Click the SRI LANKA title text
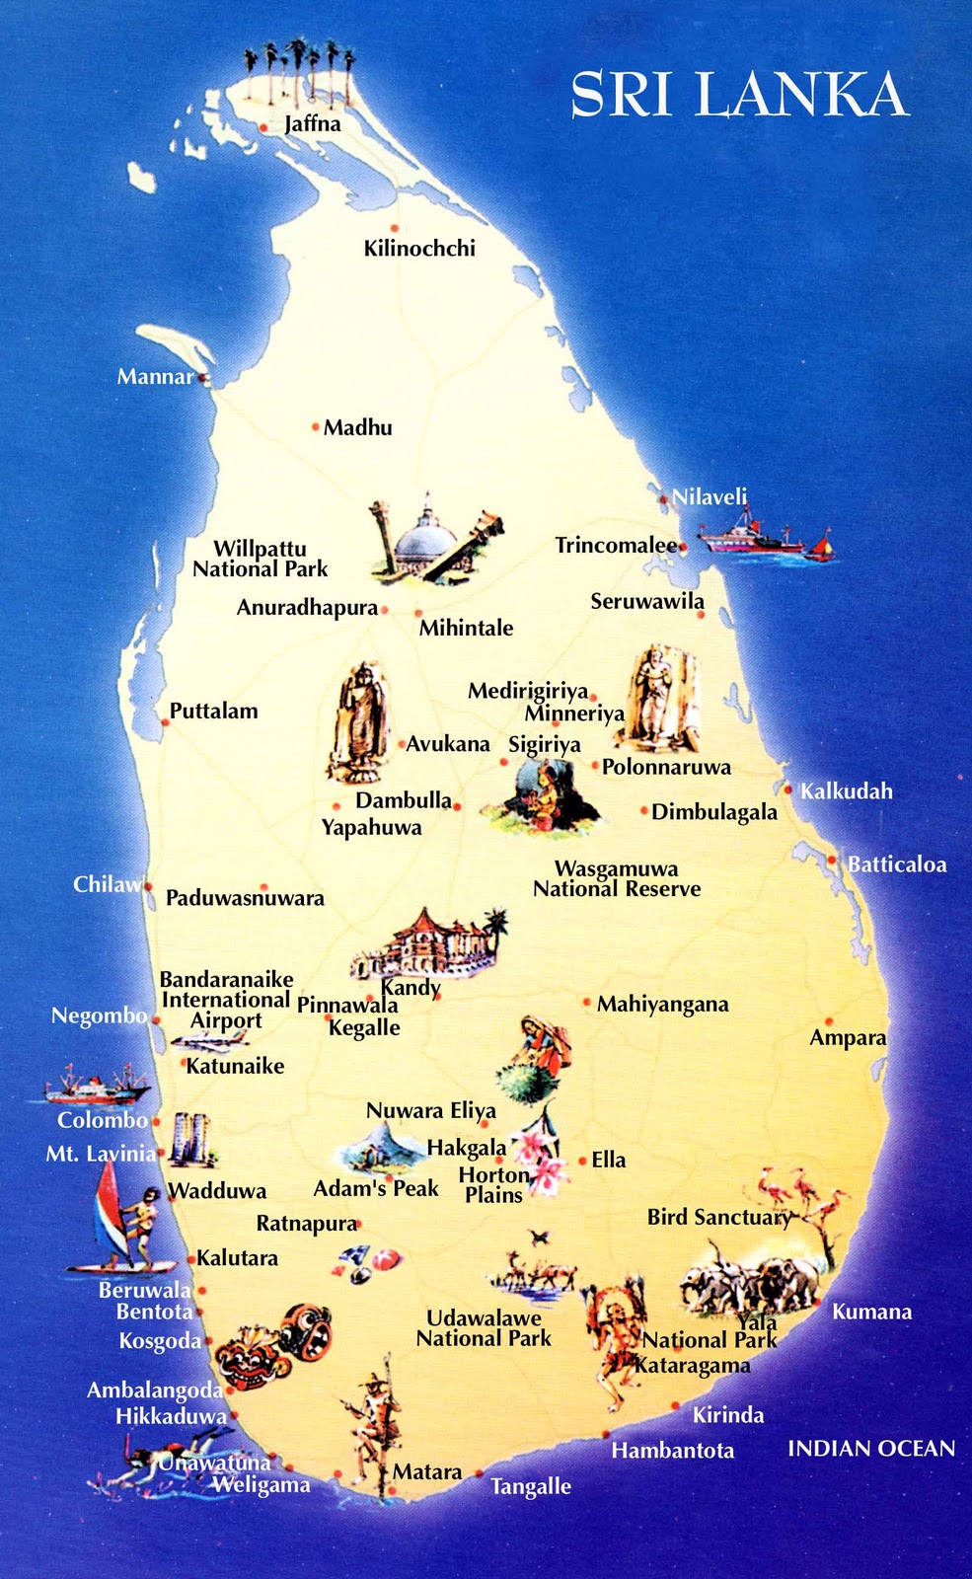[x=738, y=96]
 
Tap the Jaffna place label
[x=312, y=124]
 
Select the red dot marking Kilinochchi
[x=394, y=228]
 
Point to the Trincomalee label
[x=616, y=545]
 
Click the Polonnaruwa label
[x=667, y=767]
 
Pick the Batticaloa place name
[x=897, y=865]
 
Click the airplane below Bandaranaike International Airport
[x=209, y=1041]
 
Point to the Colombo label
[x=103, y=1120]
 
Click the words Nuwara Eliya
[x=430, y=1111]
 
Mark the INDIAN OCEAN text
[x=871, y=1448]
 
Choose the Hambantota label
[x=672, y=1451]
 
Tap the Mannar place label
[x=155, y=376]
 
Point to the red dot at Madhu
[x=316, y=427]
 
